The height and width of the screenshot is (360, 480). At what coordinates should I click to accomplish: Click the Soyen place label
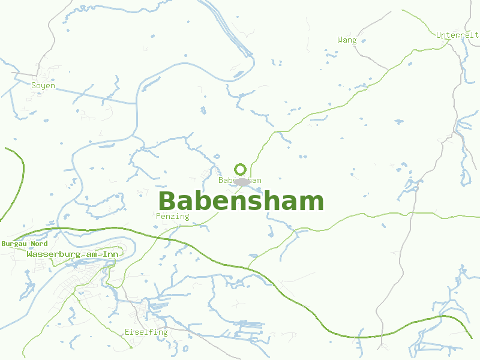pyautogui.click(x=43, y=86)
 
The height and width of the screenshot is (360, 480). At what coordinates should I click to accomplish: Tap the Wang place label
pyautogui.click(x=347, y=40)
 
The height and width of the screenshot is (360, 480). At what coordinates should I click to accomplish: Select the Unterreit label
pyautogui.click(x=458, y=35)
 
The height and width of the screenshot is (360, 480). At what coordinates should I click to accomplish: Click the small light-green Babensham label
pyautogui.click(x=240, y=180)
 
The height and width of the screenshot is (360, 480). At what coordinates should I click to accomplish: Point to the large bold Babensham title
pyautogui.click(x=241, y=201)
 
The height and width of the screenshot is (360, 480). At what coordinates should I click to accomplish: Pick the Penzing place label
pyautogui.click(x=172, y=216)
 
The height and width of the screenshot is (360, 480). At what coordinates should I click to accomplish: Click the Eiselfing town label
pyautogui.click(x=146, y=332)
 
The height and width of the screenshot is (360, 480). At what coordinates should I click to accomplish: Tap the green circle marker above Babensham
pyautogui.click(x=240, y=169)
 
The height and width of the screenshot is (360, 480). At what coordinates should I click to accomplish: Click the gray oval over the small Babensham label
pyautogui.click(x=242, y=181)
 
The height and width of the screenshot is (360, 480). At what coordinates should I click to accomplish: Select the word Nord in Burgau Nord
pyautogui.click(x=39, y=244)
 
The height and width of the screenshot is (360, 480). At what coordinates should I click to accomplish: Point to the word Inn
pyautogui.click(x=110, y=254)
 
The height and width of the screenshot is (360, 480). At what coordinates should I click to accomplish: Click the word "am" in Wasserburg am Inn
pyautogui.click(x=92, y=254)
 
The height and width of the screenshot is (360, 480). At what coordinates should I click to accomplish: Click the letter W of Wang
pyautogui.click(x=340, y=40)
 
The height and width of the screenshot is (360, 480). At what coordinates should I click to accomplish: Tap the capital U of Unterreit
pyautogui.click(x=439, y=35)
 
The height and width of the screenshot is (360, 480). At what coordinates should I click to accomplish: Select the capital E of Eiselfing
pyautogui.click(x=127, y=332)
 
